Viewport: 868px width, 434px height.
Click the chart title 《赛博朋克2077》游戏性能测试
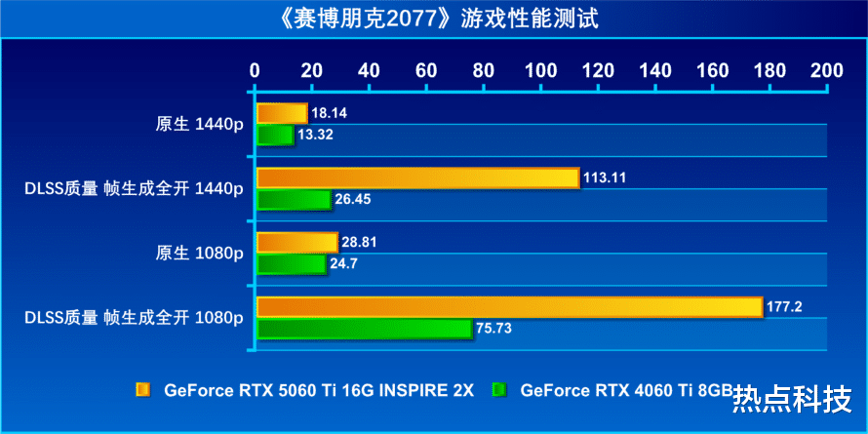(x=433, y=18)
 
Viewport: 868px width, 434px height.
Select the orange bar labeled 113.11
(x=417, y=178)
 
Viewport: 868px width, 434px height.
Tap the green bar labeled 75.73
(x=364, y=329)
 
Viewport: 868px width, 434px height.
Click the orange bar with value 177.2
(x=508, y=306)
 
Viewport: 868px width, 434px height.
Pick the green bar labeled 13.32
(x=274, y=135)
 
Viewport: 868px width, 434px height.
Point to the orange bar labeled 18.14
(x=281, y=113)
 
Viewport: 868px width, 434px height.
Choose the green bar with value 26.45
(x=293, y=199)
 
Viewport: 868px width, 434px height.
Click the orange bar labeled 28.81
(x=296, y=242)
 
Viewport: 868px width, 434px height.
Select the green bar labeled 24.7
(x=291, y=263)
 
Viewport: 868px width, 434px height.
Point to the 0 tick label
(x=256, y=70)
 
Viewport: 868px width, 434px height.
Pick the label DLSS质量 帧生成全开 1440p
(x=133, y=188)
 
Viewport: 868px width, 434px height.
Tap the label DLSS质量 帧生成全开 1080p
(x=133, y=317)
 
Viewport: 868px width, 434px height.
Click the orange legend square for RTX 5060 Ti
(x=142, y=390)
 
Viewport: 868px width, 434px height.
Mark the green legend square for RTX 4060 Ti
(x=499, y=390)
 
